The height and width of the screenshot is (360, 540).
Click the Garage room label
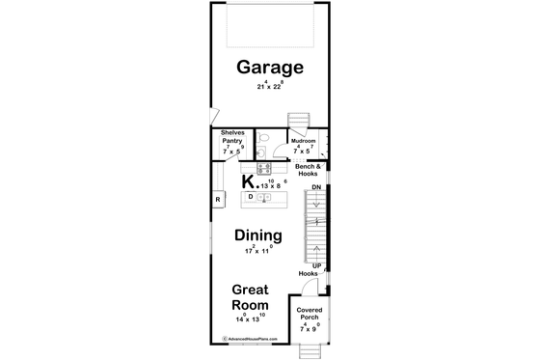point(270,69)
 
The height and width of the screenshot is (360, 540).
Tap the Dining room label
point(258,235)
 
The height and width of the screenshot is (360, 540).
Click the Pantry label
point(231,141)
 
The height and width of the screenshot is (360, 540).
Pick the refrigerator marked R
point(218,199)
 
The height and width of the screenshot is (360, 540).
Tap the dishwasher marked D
point(251,196)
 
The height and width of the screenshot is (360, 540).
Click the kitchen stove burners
point(262,167)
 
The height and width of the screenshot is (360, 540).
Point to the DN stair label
point(315,188)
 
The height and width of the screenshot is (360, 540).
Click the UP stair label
point(315,264)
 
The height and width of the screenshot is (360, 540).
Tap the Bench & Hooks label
point(309,170)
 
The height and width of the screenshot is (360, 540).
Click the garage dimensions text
point(270,86)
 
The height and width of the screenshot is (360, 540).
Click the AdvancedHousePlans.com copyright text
point(255,339)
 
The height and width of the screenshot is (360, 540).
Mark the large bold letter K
point(248,180)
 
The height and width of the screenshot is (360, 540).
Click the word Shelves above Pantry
point(232,133)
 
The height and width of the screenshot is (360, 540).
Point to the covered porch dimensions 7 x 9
point(310,329)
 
